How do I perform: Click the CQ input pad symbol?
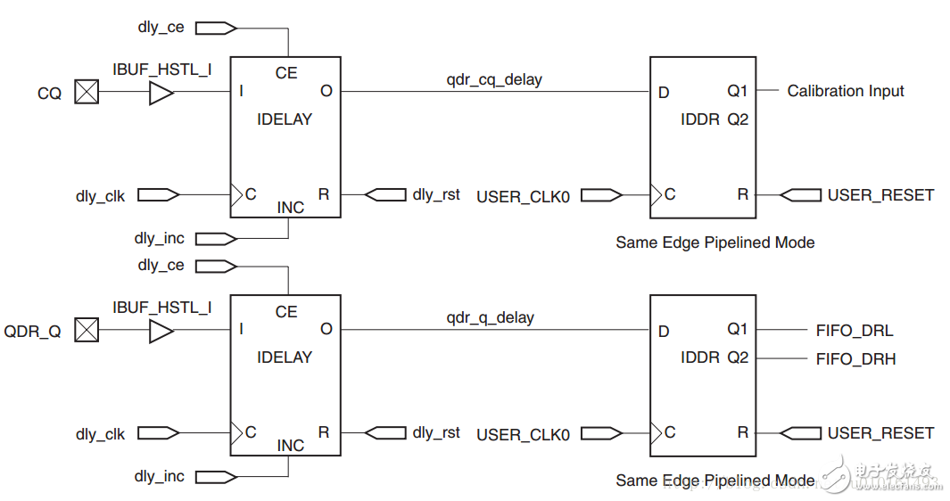coord(87,92)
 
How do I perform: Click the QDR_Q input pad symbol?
coord(87,331)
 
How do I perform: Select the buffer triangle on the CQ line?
coord(161,92)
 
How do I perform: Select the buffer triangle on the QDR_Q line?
coord(161,331)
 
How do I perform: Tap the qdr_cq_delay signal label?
coord(494,79)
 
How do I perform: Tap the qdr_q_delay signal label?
coord(490,317)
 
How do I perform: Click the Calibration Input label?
coord(845,91)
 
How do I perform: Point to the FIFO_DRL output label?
coord(854,331)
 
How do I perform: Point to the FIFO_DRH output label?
coord(855,359)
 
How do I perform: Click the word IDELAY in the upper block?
coord(285,119)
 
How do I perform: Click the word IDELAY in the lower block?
coord(285,357)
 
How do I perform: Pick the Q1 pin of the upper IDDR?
coord(737,91)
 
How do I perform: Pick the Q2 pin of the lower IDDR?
coord(737,357)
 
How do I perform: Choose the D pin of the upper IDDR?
coord(664,92)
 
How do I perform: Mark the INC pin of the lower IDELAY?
coord(291,445)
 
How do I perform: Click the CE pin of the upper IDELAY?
coord(286,73)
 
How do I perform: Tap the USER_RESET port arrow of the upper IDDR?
coord(800,194)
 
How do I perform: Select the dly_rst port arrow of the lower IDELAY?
coord(384,432)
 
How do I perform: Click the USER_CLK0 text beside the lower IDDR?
coord(523,434)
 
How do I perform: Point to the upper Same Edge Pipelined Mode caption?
coord(715,242)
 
